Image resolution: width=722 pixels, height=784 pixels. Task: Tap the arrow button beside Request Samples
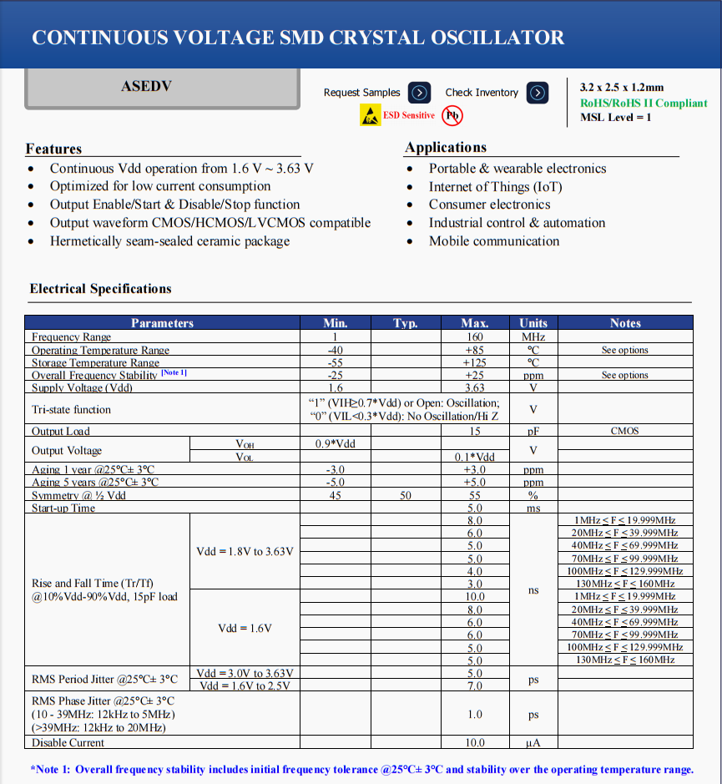(421, 93)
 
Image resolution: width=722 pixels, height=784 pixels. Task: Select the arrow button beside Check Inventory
(539, 93)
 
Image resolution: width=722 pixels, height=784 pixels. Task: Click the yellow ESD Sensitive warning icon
(370, 115)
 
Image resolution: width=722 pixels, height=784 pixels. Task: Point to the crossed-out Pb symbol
(452, 115)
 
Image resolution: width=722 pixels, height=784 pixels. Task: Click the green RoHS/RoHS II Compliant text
(644, 103)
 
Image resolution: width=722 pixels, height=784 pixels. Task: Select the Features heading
(53, 149)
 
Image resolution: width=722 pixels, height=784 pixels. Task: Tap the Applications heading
(446, 148)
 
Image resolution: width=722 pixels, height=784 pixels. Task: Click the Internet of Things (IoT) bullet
(495, 187)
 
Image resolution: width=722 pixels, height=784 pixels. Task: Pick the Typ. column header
(405, 323)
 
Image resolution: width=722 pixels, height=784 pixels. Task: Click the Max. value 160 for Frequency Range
(474, 336)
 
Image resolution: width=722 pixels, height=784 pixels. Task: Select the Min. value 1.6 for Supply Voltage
(335, 388)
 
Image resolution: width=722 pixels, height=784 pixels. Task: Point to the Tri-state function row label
(71, 410)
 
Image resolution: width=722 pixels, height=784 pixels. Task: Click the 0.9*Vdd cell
(335, 443)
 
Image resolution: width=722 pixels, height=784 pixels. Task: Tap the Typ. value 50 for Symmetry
(405, 495)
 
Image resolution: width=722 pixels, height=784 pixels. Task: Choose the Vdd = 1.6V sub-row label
(245, 628)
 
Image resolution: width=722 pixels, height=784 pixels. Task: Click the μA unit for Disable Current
(533, 742)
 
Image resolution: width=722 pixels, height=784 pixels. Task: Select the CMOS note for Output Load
(624, 431)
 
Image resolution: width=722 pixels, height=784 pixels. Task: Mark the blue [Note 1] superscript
(174, 372)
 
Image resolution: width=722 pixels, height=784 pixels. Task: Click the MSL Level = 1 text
(615, 117)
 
